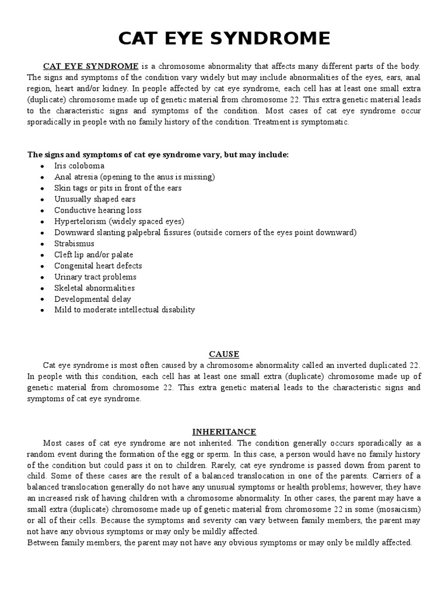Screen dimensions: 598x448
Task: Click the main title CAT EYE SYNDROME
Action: coord(224,39)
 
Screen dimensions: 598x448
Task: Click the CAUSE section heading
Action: coord(224,354)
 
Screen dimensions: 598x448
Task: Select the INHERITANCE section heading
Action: coord(224,432)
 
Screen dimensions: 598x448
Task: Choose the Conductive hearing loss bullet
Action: coord(98,210)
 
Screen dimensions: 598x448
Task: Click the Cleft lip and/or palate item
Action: coord(94,255)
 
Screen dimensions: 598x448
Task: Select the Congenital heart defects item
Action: coord(98,266)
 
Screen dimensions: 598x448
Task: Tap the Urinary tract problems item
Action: coord(95,277)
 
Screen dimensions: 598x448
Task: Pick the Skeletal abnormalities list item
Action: coord(94,288)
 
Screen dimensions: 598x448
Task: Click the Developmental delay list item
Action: coord(93,299)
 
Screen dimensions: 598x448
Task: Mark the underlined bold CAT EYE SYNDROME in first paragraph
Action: coord(91,66)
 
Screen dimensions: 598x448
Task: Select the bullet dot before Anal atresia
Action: coord(43,177)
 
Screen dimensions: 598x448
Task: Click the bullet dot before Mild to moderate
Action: coord(43,310)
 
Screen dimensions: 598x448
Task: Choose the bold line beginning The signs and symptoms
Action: coord(158,155)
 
